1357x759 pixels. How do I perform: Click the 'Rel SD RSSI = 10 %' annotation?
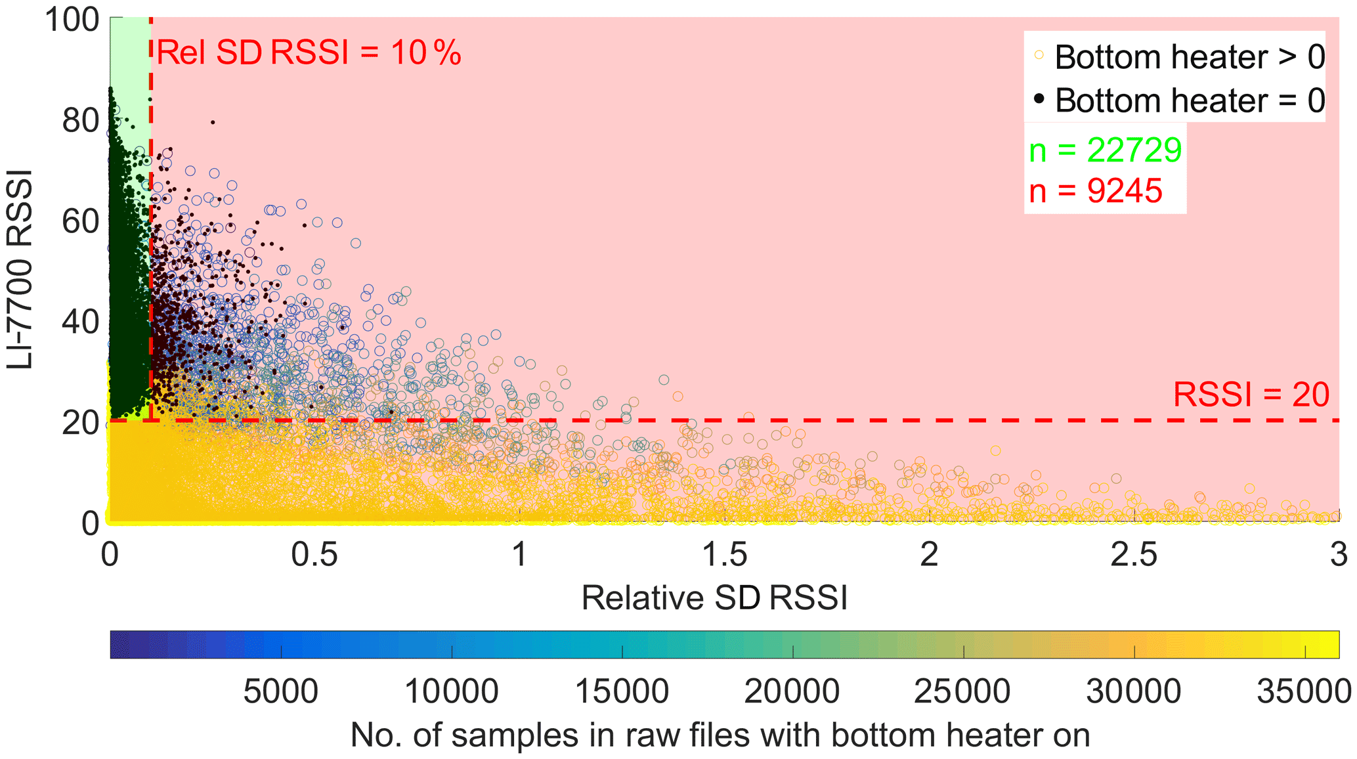(x=309, y=53)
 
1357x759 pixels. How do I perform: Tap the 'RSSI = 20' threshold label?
(x=1251, y=395)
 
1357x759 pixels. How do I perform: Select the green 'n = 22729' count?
(x=1105, y=150)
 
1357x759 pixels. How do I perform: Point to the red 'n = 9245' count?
(x=1096, y=191)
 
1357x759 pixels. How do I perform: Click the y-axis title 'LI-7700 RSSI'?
(x=20, y=269)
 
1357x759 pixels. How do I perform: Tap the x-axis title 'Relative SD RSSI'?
(x=714, y=598)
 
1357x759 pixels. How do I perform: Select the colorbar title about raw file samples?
(x=720, y=735)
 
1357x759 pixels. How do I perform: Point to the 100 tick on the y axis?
(x=72, y=20)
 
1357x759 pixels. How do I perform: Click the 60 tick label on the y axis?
(x=81, y=222)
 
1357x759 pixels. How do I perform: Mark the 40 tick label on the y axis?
(x=81, y=322)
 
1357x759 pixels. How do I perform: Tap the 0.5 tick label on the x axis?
(x=314, y=555)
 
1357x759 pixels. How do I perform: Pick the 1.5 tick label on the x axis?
(x=724, y=555)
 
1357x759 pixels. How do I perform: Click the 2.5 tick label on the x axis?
(x=1134, y=555)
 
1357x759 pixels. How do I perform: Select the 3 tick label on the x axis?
(x=1339, y=555)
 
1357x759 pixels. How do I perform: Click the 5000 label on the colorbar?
(x=280, y=692)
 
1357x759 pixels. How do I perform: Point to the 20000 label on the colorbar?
(x=792, y=692)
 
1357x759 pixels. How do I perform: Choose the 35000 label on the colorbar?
(x=1304, y=692)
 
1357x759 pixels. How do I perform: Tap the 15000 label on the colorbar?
(x=622, y=692)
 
